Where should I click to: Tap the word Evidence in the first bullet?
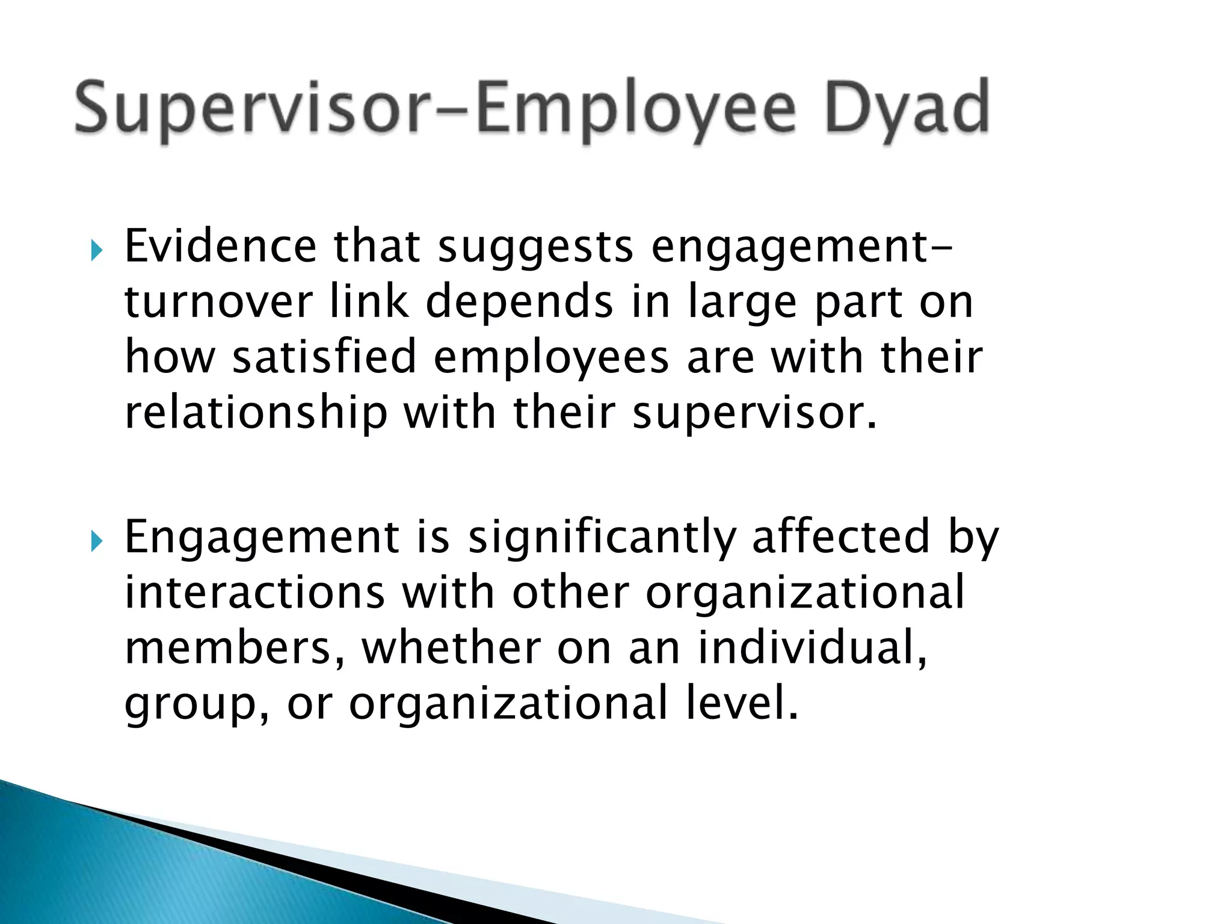(220, 246)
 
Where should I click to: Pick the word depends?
(519, 303)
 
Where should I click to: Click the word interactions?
(254, 592)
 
